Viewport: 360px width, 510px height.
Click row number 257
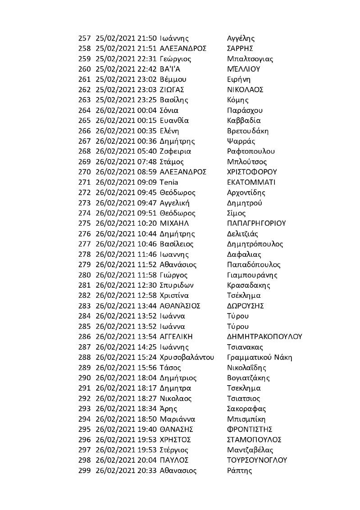[84, 38]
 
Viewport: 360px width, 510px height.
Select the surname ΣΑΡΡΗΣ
[240, 49]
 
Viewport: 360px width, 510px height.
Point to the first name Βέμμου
[173, 79]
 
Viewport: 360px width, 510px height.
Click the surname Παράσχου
[245, 110]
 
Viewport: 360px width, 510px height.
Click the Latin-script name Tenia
[169, 182]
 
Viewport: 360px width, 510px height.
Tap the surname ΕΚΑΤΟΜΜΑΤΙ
[251, 182]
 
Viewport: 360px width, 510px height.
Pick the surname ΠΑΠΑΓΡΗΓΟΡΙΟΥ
[257, 223]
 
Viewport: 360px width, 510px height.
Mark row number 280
[84, 275]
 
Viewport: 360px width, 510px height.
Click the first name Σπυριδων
[177, 285]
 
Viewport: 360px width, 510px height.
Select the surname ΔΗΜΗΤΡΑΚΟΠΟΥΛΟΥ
[264, 337]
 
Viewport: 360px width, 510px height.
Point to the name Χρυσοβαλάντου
[187, 357]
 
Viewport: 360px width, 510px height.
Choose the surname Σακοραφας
[246, 409]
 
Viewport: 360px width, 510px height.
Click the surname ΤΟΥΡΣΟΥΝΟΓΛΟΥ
[257, 460]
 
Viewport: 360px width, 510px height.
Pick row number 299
[84, 470]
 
